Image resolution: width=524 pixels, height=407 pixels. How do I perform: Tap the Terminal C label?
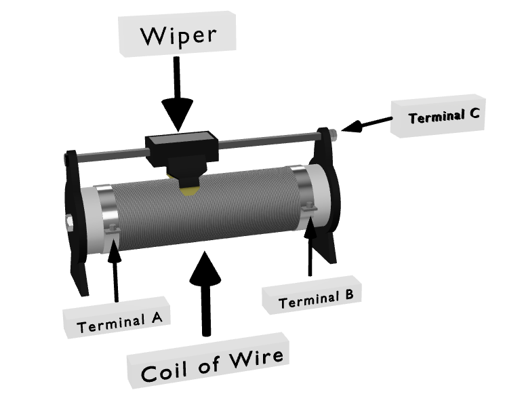tap(443, 117)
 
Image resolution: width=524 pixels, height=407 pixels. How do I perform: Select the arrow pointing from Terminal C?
tap(366, 123)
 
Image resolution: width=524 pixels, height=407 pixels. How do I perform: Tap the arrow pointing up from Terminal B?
tap(311, 248)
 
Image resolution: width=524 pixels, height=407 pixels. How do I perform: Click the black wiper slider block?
tap(180, 146)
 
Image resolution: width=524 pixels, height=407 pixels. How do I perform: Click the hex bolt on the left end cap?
tap(70, 222)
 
